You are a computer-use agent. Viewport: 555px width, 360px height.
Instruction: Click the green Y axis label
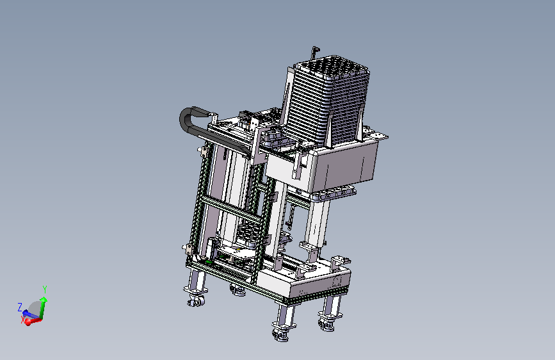(x=45, y=289)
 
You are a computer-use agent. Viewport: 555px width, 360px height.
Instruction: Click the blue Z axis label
(x=20, y=307)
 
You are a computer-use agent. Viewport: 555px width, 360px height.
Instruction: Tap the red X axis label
(x=23, y=320)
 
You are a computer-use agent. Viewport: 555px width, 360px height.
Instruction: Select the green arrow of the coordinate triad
(x=43, y=308)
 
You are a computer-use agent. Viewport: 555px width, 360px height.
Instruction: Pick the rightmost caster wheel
(x=328, y=323)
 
